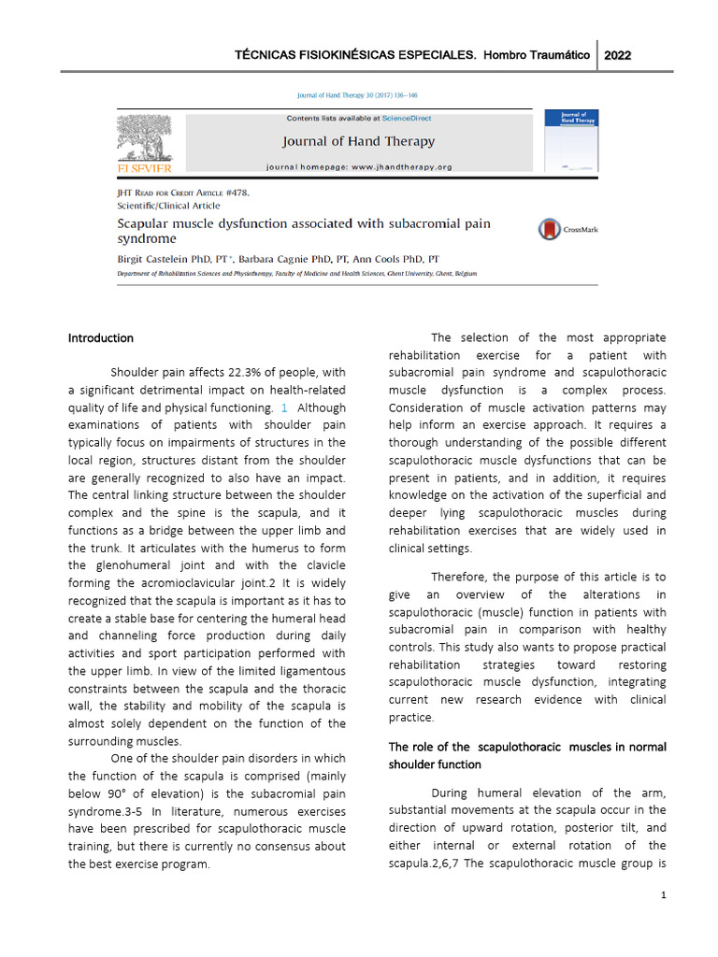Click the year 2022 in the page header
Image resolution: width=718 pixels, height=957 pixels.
pos(618,55)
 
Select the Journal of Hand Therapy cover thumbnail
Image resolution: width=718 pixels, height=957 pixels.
pos(571,140)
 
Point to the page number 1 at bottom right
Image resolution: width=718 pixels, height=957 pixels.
pos(663,895)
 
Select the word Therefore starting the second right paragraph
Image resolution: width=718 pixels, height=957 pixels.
pos(459,577)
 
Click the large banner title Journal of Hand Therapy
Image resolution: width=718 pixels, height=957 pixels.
pos(358,142)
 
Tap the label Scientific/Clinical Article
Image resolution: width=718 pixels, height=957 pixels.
pos(168,205)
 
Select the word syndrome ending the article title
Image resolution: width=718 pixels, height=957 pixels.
pos(146,239)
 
